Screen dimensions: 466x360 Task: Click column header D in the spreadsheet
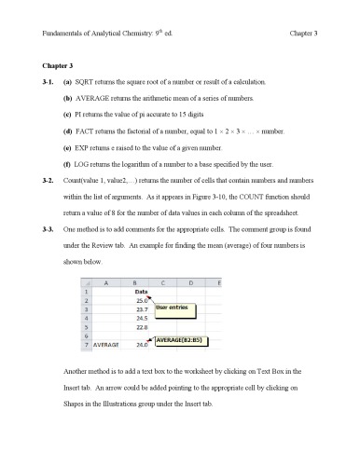coord(191,281)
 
